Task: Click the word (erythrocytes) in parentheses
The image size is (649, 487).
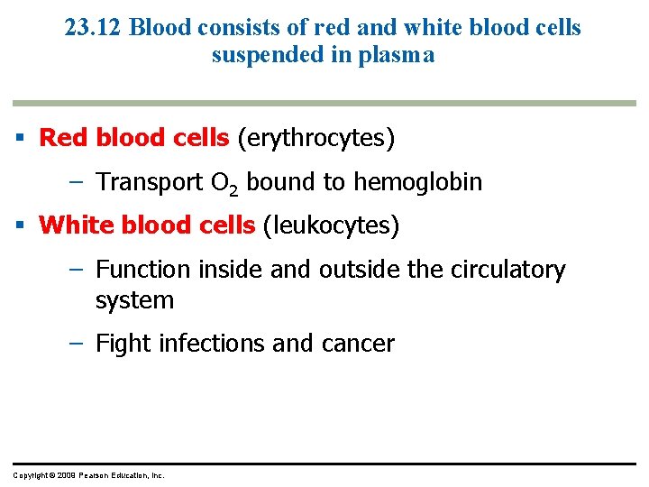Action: tap(315, 138)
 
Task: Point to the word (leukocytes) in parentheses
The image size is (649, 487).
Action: tap(330, 225)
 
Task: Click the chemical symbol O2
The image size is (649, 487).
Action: tap(224, 183)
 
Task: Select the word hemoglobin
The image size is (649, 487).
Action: tap(417, 182)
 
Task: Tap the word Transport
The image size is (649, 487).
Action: tap(149, 182)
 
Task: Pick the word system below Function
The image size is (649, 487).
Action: tap(134, 300)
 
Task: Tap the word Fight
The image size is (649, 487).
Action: tap(122, 344)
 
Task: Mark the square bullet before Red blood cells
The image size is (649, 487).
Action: tap(19, 139)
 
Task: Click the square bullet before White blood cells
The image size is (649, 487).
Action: tap(19, 225)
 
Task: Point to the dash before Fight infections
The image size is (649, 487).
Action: tap(78, 344)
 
